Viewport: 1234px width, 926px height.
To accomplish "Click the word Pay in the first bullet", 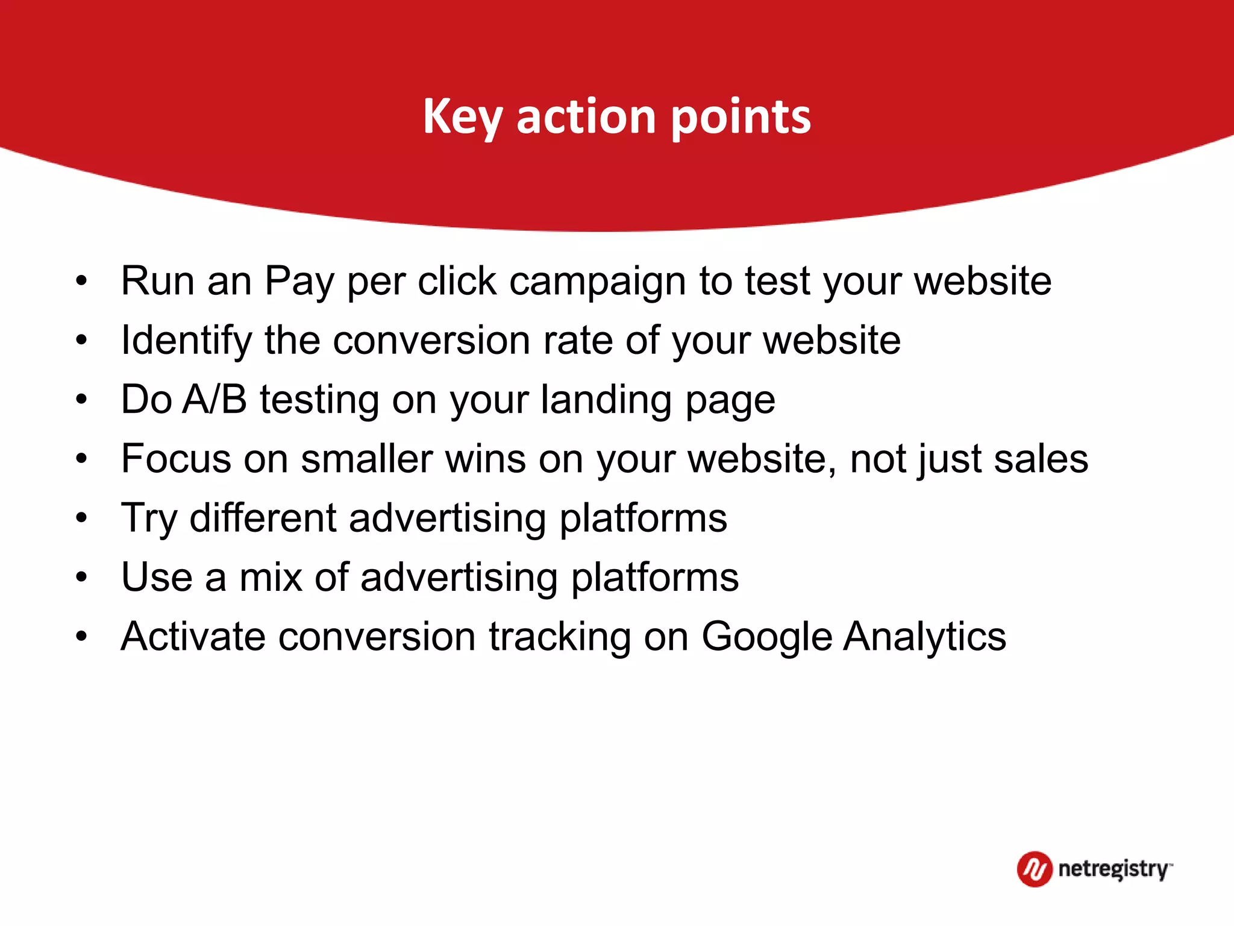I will tap(299, 282).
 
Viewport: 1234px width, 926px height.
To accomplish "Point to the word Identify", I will tap(186, 341).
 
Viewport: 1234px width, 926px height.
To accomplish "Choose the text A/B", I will tap(215, 399).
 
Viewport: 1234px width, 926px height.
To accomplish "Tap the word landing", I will tap(606, 400).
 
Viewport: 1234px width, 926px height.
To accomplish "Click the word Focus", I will tap(176, 459).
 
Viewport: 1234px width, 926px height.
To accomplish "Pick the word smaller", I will tap(367, 459).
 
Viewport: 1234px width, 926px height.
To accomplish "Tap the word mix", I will tap(271, 577).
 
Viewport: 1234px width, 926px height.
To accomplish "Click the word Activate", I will tap(193, 636).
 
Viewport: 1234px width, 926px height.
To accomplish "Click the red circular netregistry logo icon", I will tap(1034, 869).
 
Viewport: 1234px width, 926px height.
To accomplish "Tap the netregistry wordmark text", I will tap(1113, 870).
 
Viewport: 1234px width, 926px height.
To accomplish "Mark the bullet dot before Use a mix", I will tap(81, 577).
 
